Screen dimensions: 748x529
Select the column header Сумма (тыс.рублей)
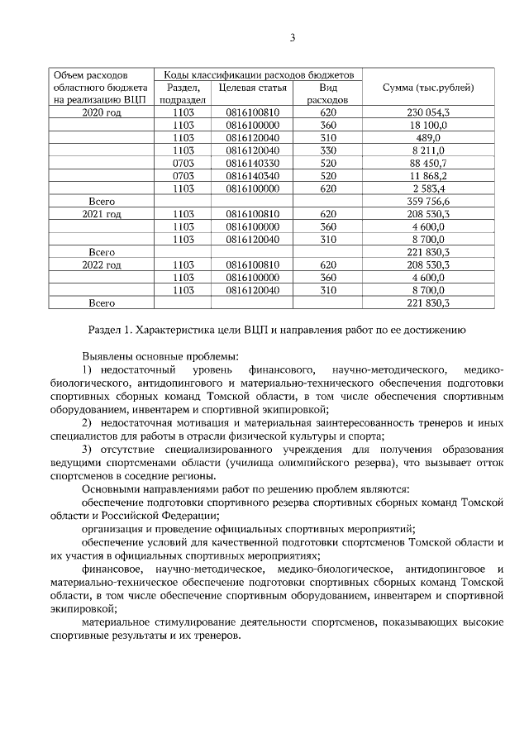pos(428,87)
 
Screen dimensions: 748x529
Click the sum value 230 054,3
pos(428,112)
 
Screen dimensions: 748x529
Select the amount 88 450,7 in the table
pos(428,163)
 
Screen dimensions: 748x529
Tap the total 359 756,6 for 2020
pos(428,201)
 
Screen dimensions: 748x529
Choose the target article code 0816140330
pos(253,163)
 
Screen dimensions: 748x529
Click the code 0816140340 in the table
pos(253,175)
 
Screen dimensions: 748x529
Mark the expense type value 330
pos(328,150)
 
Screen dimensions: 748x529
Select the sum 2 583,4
pos(428,188)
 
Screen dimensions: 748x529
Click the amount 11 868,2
pos(428,175)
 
